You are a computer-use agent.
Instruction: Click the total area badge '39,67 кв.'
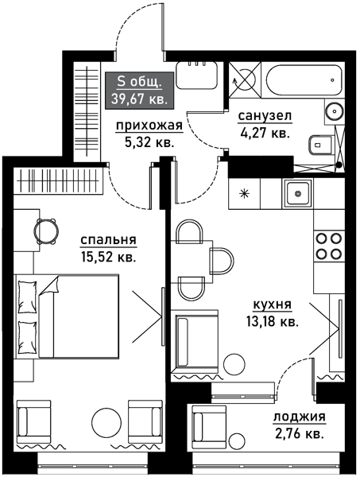tap(140, 89)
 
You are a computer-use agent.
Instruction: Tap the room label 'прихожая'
tap(149, 125)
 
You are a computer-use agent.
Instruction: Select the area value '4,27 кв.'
tap(264, 134)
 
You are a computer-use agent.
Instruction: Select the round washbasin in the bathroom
tap(335, 111)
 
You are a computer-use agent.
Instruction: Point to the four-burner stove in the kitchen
tap(328, 246)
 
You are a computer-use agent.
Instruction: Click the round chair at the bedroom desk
tap(45, 231)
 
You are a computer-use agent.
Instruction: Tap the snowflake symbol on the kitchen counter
tap(244, 193)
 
